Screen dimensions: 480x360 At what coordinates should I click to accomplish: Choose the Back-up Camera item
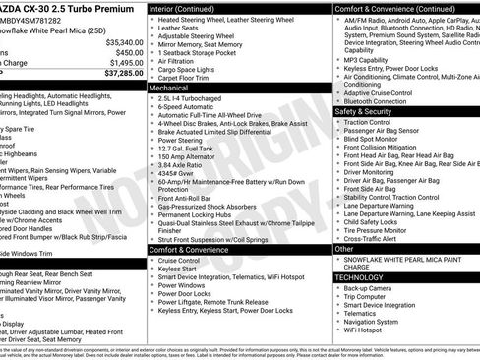point(368,287)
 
